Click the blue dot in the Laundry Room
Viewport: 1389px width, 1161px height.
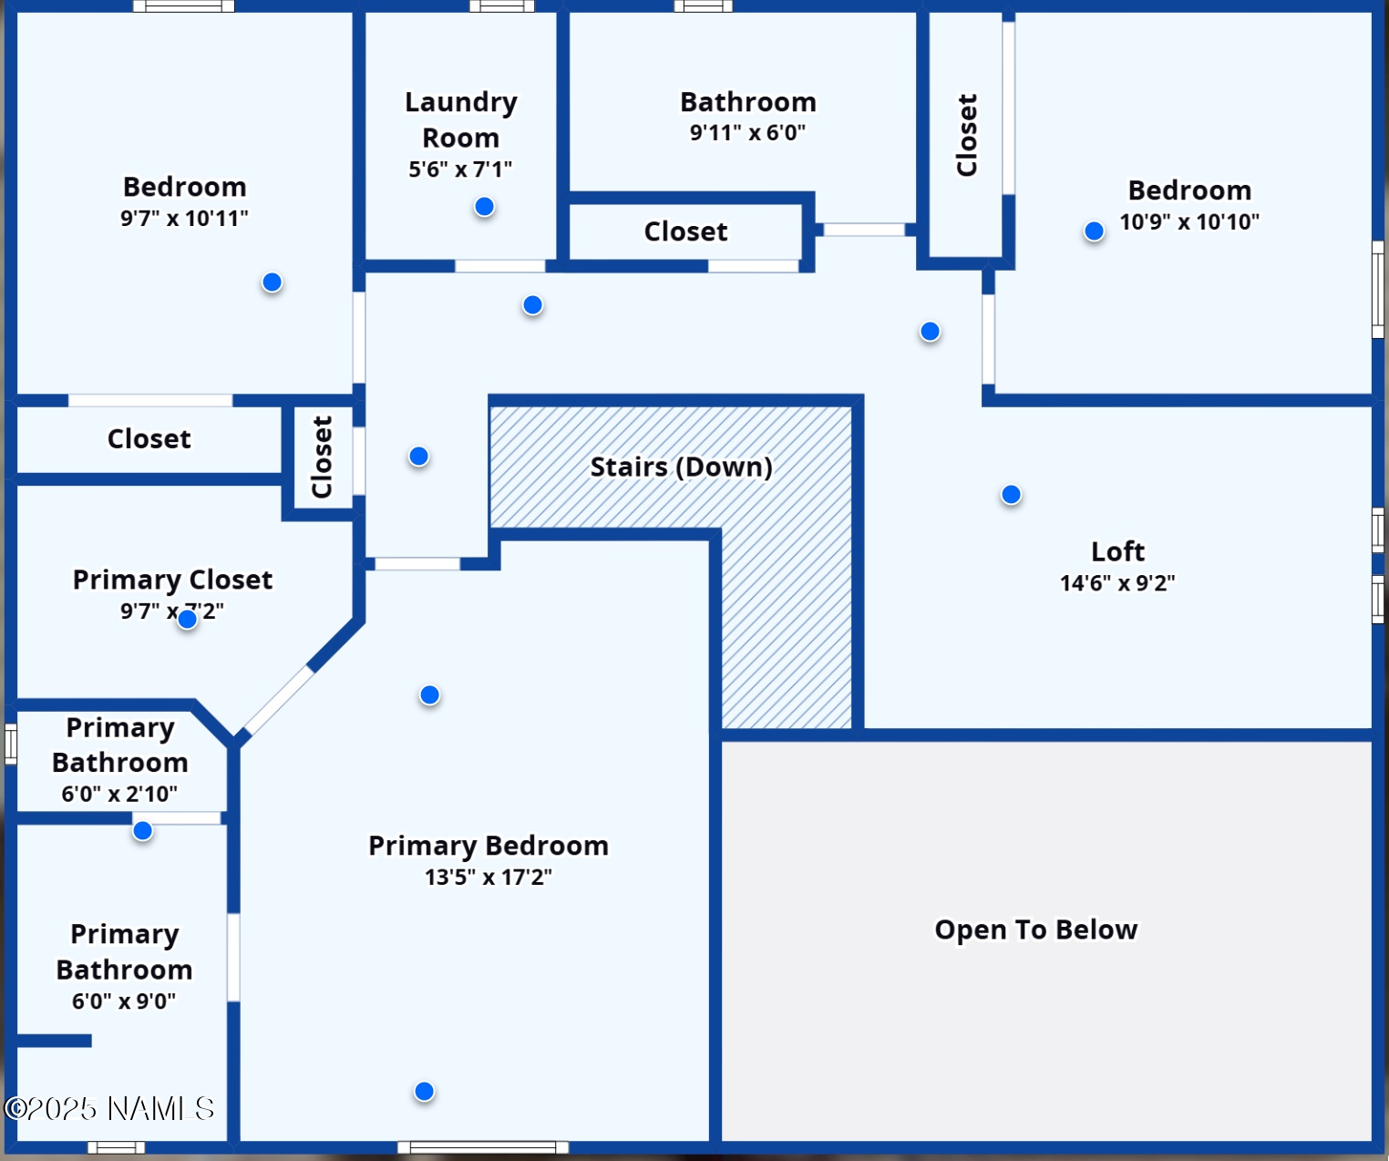pos(484,207)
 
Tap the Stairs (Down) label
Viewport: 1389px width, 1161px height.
pos(681,467)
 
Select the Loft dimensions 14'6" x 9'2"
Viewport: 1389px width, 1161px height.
pos(1117,583)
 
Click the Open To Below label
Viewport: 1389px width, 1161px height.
pos(1035,930)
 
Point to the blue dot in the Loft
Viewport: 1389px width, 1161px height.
pos(1011,494)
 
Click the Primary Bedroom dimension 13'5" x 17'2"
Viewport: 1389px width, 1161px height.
pos(489,877)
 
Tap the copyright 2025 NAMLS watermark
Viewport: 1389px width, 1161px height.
pos(109,1108)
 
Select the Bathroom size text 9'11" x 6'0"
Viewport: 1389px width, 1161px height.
pos(747,132)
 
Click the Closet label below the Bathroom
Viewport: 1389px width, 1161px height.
pos(685,231)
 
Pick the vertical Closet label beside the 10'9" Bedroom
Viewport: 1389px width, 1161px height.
pos(967,135)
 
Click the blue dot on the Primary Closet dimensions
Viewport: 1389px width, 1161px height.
pos(188,620)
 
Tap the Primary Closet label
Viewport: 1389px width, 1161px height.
pos(172,580)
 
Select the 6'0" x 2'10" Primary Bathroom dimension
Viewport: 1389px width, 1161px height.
pos(119,794)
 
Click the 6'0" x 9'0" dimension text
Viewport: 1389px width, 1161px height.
pos(124,1002)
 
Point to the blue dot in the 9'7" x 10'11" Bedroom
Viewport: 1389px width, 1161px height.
pos(273,283)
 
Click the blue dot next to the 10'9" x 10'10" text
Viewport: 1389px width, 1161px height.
pos(1095,231)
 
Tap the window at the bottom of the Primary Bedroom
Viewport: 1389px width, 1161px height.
pos(483,1147)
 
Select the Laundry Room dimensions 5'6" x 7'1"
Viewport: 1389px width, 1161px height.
pos(460,169)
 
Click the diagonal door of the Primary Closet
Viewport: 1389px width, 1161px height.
pos(279,701)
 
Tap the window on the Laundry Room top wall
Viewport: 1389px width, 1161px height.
pos(501,6)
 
